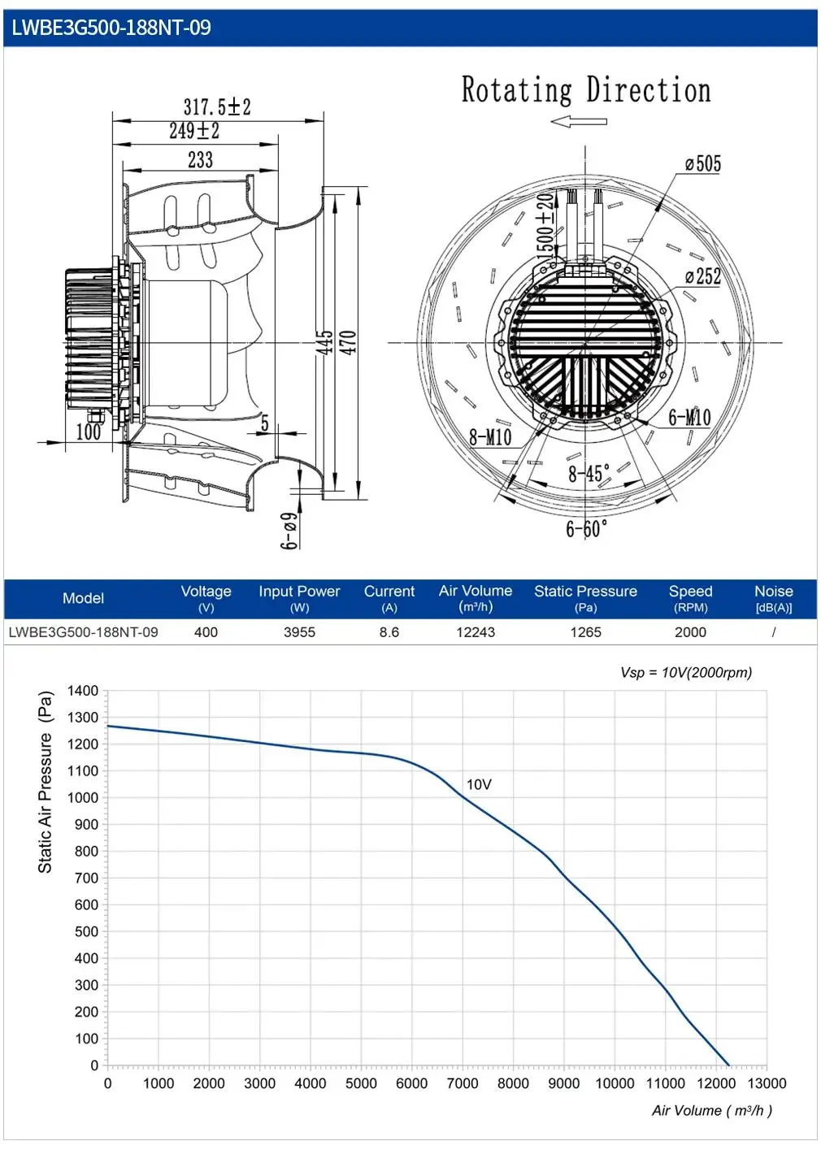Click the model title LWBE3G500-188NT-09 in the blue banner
pos(111,28)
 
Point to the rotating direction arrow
pos(578,122)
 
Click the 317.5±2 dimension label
pos(217,106)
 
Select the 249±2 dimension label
pos(194,130)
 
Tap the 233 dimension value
pos(201,159)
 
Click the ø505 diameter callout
pos(703,164)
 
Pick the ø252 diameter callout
pos(703,276)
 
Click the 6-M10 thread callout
pos(689,417)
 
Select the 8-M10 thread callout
pos(490,437)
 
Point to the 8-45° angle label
pos(589,474)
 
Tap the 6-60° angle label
pos(587,528)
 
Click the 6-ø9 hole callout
pos(289,531)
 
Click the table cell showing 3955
pos(299,632)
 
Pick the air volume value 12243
pos(476,632)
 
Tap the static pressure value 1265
pos(585,632)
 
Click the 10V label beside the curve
pos(479,784)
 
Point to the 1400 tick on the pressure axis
pos(83,691)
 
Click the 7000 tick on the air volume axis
pos(463,1083)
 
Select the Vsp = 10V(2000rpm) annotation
pos(686,672)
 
